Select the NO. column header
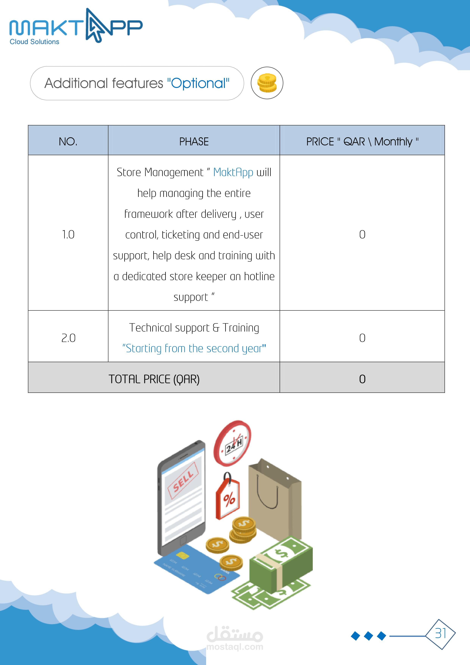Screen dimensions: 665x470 coord(68,142)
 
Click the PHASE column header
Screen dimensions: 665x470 coord(194,142)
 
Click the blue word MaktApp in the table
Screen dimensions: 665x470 coord(233,172)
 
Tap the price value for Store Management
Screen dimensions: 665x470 coord(362,235)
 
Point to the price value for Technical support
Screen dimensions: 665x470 coord(362,338)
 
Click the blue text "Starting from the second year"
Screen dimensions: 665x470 coord(194,348)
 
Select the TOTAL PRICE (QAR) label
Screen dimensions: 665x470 coord(154,379)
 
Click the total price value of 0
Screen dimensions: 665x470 coord(362,379)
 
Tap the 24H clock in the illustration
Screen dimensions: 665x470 coord(232,443)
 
